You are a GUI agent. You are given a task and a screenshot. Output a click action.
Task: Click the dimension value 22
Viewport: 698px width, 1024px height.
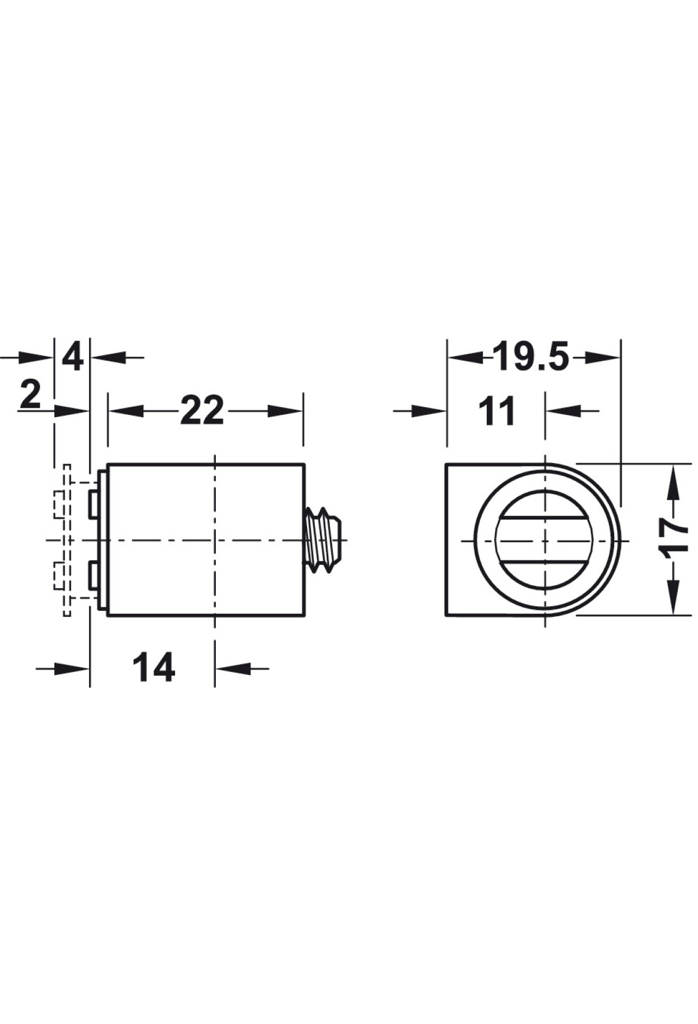[202, 411]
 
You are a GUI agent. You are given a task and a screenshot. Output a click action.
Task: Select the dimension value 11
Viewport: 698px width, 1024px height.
[497, 411]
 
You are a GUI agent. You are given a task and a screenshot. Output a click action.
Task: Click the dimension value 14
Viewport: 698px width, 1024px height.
[154, 667]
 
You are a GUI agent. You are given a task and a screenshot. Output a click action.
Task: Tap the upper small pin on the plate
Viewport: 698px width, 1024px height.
[93, 504]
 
